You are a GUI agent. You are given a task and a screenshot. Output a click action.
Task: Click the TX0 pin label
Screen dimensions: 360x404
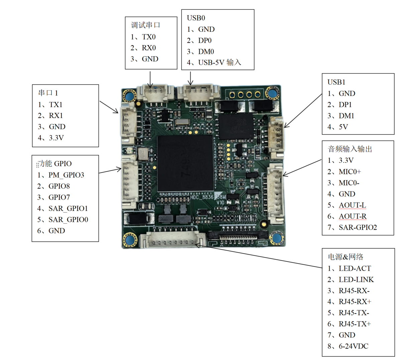click(x=149, y=37)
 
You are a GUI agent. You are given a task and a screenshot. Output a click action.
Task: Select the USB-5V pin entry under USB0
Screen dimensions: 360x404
click(x=219, y=63)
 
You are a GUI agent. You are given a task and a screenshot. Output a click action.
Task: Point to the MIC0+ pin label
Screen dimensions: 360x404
click(x=350, y=172)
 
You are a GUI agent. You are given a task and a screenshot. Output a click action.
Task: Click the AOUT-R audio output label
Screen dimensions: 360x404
click(x=353, y=216)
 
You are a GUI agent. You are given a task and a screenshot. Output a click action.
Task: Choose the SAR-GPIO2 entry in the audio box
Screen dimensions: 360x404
click(x=358, y=228)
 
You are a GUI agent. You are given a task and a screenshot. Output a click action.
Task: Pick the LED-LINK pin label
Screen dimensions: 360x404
click(x=356, y=279)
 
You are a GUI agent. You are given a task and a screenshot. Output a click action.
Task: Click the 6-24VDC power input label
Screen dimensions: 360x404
click(x=354, y=346)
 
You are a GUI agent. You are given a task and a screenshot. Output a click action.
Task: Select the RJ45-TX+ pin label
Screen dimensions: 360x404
click(x=355, y=324)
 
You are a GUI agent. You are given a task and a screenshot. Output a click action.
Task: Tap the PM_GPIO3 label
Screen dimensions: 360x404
click(x=66, y=175)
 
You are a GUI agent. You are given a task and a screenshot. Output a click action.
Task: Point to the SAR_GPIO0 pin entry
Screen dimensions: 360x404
click(x=68, y=220)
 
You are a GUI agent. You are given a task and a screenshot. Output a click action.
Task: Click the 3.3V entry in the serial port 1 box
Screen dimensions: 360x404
click(x=56, y=138)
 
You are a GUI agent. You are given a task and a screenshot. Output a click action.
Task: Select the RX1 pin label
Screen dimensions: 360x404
click(x=56, y=116)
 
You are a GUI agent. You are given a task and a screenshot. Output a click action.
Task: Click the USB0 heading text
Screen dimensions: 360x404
click(x=196, y=18)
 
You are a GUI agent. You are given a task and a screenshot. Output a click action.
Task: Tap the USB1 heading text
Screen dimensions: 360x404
click(x=336, y=82)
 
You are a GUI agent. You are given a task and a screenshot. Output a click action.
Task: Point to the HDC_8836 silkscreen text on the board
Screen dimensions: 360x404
click(x=202, y=197)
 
